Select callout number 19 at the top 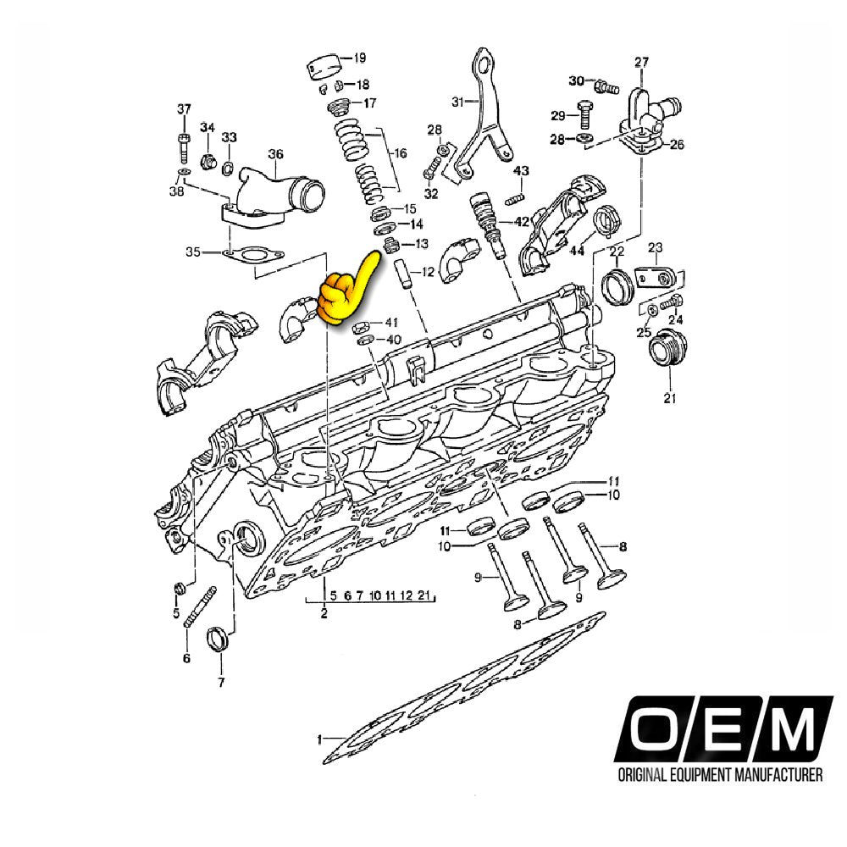click(x=359, y=58)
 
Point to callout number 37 click(x=184, y=109)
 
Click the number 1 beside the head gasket click(x=320, y=739)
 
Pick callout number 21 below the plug click(x=669, y=398)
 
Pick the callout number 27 click(x=641, y=62)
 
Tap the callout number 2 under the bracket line click(x=324, y=613)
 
